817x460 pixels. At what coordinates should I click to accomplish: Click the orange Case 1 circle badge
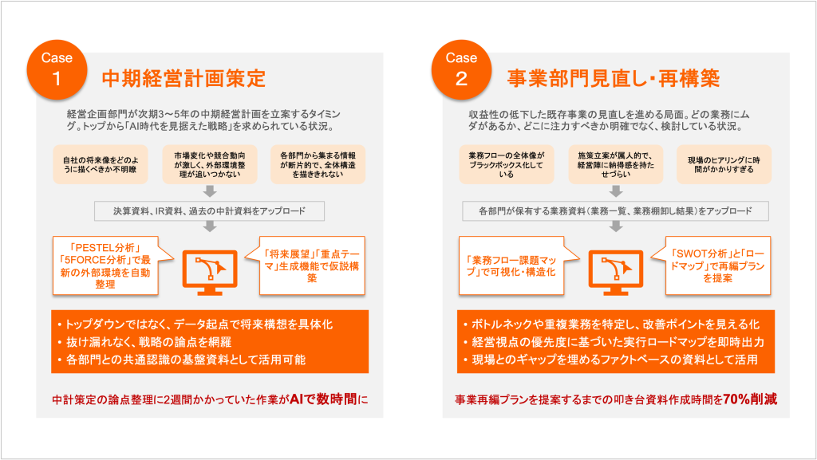click(57, 69)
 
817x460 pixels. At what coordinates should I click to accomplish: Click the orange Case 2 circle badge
click(462, 69)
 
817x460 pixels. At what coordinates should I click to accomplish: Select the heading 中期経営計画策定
click(184, 79)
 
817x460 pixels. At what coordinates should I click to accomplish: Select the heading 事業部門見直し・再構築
click(614, 79)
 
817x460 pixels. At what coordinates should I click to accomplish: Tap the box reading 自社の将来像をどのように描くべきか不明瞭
click(101, 164)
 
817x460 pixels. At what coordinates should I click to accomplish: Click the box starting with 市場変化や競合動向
click(210, 164)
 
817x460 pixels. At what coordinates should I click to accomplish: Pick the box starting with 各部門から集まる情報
click(318, 164)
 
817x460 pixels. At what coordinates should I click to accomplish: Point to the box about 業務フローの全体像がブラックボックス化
click(507, 164)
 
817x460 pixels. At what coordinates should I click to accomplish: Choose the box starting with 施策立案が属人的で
click(615, 164)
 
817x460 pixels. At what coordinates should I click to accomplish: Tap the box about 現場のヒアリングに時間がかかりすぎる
click(724, 164)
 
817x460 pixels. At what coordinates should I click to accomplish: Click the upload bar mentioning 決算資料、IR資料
click(210, 210)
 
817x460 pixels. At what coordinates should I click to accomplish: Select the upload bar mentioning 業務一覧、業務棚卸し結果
click(615, 210)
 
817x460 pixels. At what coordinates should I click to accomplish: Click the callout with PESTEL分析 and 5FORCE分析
click(105, 266)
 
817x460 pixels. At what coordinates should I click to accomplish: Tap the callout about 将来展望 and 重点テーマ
click(312, 266)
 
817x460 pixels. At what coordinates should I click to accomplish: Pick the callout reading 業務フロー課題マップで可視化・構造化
click(511, 266)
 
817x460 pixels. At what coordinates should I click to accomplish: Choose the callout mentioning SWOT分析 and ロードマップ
click(718, 266)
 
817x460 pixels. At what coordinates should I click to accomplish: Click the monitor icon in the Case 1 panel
click(210, 272)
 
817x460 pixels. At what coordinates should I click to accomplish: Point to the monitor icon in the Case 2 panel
click(615, 272)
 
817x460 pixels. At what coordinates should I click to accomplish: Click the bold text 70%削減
click(750, 399)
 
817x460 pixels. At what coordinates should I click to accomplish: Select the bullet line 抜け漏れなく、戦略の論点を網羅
click(148, 342)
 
